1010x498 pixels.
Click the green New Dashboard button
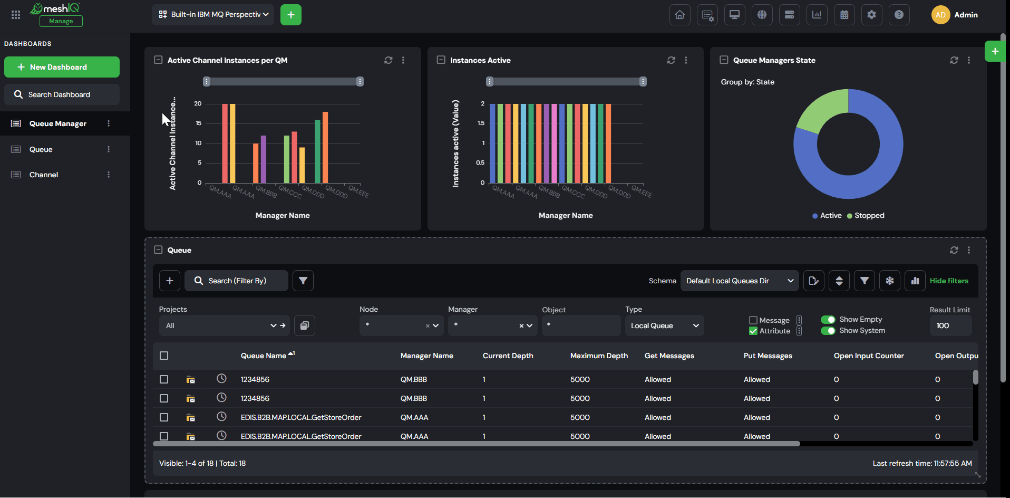point(62,67)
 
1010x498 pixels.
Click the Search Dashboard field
point(62,94)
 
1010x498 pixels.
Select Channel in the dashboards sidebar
point(44,175)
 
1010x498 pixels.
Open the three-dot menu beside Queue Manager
point(109,123)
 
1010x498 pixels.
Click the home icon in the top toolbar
point(679,15)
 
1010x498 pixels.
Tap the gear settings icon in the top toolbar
point(871,15)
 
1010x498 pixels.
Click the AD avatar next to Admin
point(940,15)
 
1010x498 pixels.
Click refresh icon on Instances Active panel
point(671,60)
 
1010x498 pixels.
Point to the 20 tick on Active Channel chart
point(198,103)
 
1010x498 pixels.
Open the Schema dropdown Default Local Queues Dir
point(740,281)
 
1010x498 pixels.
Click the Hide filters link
point(949,281)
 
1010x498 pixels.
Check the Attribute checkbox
point(753,331)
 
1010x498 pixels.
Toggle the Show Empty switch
point(828,319)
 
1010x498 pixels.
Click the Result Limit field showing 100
point(950,325)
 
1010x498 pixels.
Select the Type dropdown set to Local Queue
point(664,325)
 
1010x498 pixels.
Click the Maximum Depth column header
point(599,356)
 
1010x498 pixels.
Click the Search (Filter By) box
point(236,281)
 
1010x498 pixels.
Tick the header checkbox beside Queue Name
point(164,356)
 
